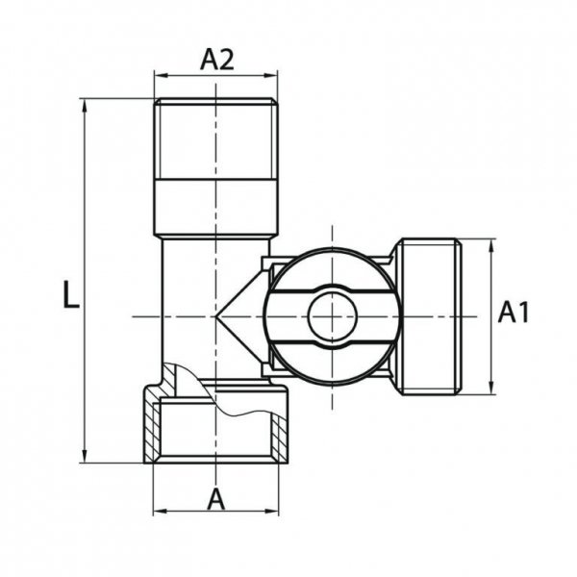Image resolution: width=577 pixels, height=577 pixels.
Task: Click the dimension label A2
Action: tap(216, 60)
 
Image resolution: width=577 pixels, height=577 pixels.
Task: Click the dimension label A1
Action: tap(514, 314)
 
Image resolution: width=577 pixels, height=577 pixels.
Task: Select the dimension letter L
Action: tap(69, 294)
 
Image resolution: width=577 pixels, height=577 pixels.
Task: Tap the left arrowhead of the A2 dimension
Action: tap(160, 74)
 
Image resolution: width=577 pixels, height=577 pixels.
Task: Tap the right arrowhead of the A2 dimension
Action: tap(271, 74)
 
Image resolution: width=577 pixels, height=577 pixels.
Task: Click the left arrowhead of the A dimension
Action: tap(160, 510)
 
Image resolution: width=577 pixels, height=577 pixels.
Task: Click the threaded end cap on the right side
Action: tap(429, 315)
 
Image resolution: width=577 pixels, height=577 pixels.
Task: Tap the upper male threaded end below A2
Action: tap(215, 135)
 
